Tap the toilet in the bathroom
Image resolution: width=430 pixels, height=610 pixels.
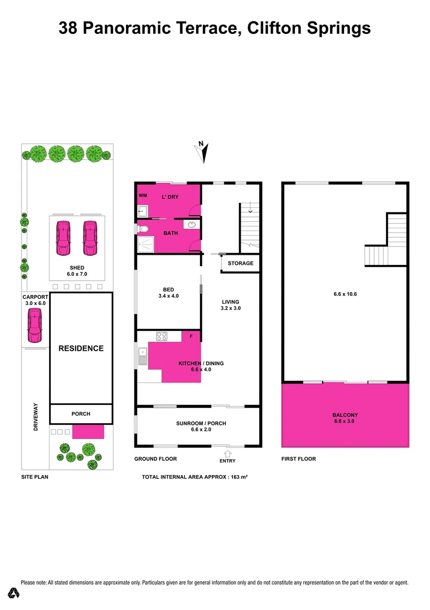pos(143,229)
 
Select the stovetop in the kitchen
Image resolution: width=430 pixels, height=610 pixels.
pos(162,336)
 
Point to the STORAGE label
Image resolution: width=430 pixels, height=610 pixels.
pos(240,263)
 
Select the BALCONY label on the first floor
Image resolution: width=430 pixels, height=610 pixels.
pos(345,415)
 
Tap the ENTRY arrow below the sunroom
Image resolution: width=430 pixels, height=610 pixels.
pos(228,453)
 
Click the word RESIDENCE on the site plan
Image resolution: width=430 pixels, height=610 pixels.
pos(81,348)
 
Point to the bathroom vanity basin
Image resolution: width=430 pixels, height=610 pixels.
pos(193,225)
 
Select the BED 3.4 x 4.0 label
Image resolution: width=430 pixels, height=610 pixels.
pos(168,293)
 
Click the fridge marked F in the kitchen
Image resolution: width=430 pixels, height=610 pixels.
pos(191,337)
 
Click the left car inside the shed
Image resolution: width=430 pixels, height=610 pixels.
pos(63,237)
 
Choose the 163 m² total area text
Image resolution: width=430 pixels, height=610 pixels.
pos(237,477)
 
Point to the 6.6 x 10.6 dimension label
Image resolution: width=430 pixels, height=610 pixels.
pos(345,294)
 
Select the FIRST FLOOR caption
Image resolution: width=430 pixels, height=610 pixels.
pos(298,459)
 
